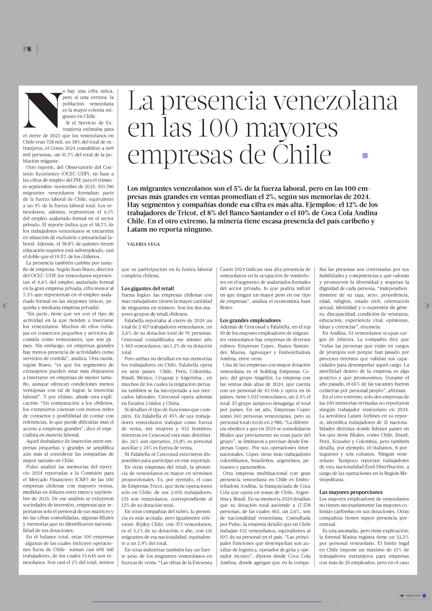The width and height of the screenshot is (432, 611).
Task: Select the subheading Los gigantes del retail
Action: [147, 288]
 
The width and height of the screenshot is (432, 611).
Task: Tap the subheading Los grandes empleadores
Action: [250, 320]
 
